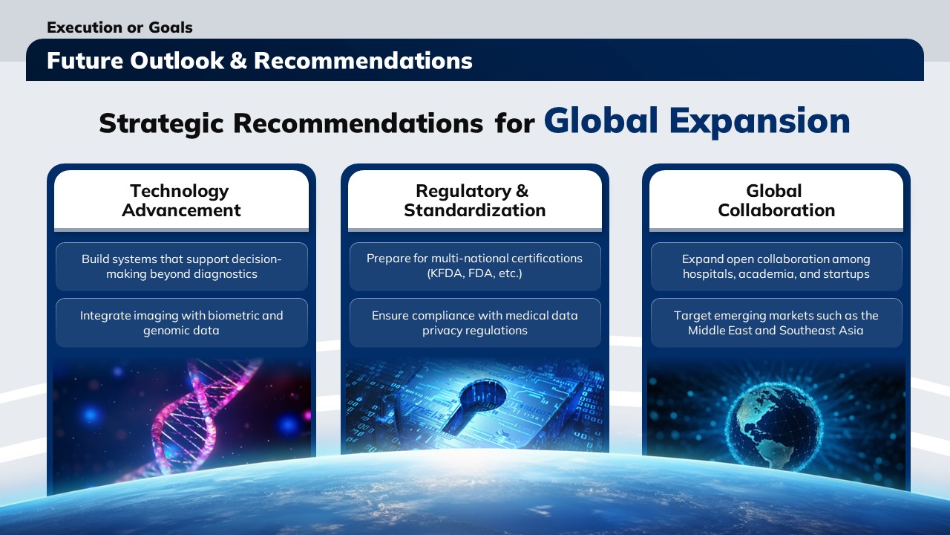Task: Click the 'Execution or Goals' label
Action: click(119, 27)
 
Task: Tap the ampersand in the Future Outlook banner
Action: click(238, 60)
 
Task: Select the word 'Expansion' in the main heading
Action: click(759, 123)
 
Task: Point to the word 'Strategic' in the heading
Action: click(161, 124)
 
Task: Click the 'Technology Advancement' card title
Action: click(181, 201)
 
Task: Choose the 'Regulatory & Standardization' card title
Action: click(474, 201)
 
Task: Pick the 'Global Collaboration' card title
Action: click(776, 201)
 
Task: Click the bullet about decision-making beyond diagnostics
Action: click(182, 267)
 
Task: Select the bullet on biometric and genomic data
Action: click(182, 322)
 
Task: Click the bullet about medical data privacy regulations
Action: click(475, 322)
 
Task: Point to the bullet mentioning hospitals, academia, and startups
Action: click(776, 267)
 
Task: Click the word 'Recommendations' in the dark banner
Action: click(363, 60)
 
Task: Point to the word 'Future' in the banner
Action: click(85, 60)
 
